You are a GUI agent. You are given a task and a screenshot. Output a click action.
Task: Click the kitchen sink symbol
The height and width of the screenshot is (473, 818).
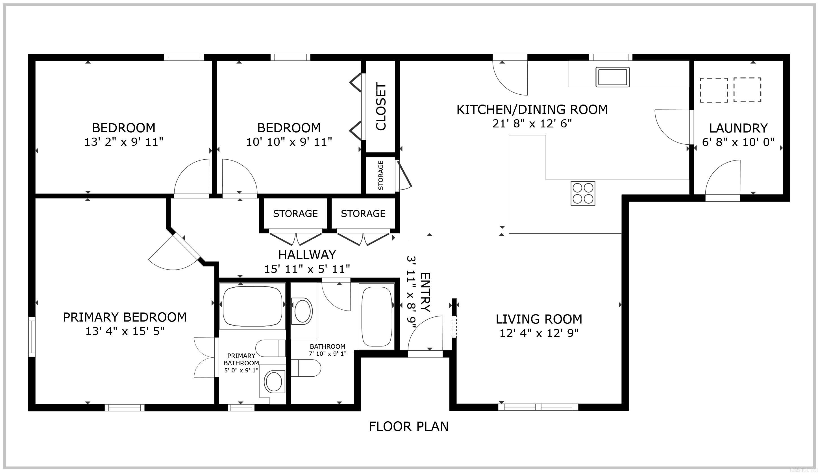tap(612, 77)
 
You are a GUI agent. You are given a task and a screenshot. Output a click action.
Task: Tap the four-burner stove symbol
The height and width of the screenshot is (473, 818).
tap(583, 193)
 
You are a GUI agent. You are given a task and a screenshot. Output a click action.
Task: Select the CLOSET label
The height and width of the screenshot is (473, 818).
tap(381, 106)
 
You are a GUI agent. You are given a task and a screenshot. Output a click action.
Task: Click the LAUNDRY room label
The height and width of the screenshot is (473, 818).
tap(738, 128)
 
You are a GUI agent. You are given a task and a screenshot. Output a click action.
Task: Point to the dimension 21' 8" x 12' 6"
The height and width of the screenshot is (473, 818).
tap(532, 124)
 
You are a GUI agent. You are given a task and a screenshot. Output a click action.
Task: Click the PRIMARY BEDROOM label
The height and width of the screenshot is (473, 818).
tap(125, 317)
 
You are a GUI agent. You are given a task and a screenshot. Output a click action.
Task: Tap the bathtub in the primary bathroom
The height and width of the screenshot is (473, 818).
tap(253, 306)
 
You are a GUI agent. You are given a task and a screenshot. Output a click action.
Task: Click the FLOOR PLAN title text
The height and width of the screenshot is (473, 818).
tap(408, 427)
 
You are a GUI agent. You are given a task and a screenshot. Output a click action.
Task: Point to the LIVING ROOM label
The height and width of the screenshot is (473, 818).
tap(539, 319)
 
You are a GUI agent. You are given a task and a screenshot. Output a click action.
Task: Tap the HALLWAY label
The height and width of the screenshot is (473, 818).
tap(307, 255)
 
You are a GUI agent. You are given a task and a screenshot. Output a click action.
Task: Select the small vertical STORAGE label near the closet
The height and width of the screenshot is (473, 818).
tap(381, 175)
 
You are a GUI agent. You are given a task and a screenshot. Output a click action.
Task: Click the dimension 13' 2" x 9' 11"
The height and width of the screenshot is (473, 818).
tap(124, 142)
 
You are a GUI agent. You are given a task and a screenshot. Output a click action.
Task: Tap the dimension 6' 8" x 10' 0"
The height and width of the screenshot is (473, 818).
tap(738, 142)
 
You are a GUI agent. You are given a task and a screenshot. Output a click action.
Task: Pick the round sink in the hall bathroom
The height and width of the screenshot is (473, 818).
tap(302, 311)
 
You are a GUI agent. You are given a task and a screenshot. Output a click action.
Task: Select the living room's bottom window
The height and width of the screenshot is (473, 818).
tap(538, 407)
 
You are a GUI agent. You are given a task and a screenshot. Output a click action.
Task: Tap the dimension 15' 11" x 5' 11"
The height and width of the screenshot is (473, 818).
tap(307, 269)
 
